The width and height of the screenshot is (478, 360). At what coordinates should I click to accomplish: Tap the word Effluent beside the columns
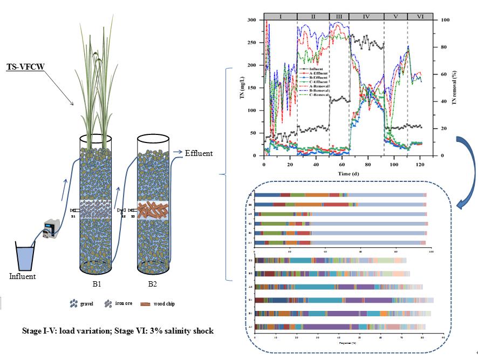click(x=199, y=153)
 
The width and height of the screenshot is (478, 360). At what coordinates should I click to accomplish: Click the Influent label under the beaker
click(x=23, y=276)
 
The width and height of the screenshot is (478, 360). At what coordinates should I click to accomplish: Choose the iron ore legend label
click(x=124, y=304)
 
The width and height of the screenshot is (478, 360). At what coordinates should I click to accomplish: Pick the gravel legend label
click(x=86, y=304)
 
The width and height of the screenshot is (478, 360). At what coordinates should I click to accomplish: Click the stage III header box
click(x=339, y=16)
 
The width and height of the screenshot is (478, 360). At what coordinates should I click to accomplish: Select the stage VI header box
click(x=420, y=16)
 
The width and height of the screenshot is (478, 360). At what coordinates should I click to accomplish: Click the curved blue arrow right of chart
click(x=463, y=162)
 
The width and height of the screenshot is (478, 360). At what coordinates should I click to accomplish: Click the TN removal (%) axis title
click(x=456, y=86)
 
